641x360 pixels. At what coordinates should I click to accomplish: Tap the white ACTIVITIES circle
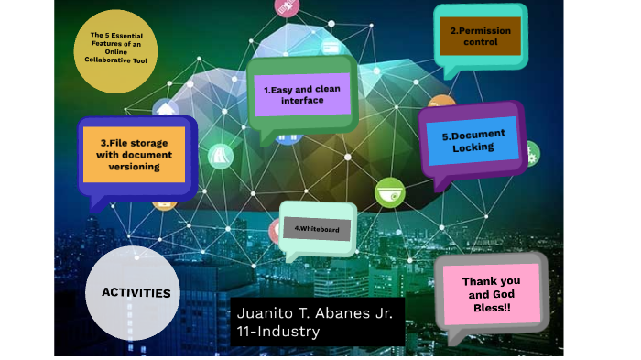tap(136, 293)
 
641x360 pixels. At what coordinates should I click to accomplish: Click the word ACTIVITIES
tap(136, 293)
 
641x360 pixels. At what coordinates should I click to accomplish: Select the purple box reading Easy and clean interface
tap(301, 94)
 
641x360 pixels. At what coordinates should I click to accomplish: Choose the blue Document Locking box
tap(473, 141)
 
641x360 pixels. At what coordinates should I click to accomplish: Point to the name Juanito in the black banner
tap(266, 312)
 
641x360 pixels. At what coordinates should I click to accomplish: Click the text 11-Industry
tap(277, 332)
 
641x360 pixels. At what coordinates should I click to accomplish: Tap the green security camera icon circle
tap(389, 192)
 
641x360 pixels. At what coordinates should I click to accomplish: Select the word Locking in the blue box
tap(473, 147)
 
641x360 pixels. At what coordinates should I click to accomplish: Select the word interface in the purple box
tap(302, 101)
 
